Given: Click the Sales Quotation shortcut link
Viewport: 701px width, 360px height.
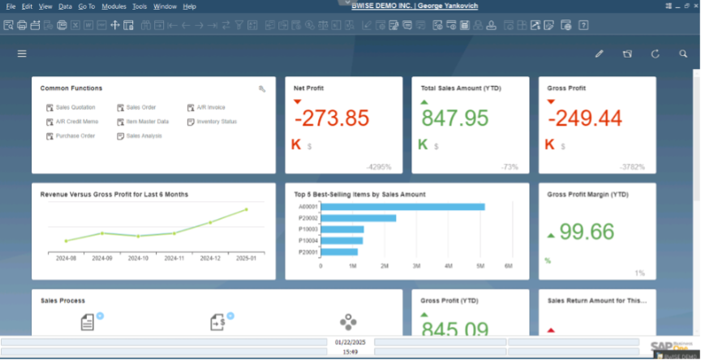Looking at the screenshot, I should click(75, 107).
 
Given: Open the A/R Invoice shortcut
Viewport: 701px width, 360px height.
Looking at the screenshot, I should click(210, 107).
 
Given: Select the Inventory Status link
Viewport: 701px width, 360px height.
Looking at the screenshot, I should click(216, 122).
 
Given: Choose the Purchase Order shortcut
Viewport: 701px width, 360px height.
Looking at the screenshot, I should click(75, 136).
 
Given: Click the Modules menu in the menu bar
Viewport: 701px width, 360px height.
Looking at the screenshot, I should click(114, 6).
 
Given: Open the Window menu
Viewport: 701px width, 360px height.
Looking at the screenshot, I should click(165, 6).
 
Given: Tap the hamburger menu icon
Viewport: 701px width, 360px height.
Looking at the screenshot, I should click(22, 54).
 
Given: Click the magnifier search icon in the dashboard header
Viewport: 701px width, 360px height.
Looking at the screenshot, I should click(683, 54).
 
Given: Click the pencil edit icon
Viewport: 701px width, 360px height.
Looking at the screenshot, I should click(599, 54).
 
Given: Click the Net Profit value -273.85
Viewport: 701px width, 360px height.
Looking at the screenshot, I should click(331, 118).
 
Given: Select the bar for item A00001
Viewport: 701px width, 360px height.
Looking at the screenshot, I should click(403, 207).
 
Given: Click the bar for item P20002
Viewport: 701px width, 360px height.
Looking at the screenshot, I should click(359, 218).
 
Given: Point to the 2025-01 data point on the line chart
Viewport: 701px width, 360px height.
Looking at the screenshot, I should click(246, 210).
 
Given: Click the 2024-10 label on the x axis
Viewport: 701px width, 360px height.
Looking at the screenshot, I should click(138, 259).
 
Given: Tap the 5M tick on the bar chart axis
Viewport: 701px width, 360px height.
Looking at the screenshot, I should click(480, 265).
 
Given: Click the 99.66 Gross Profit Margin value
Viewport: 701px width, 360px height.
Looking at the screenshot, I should click(587, 232).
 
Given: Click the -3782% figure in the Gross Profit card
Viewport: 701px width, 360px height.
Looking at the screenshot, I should click(632, 167).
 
